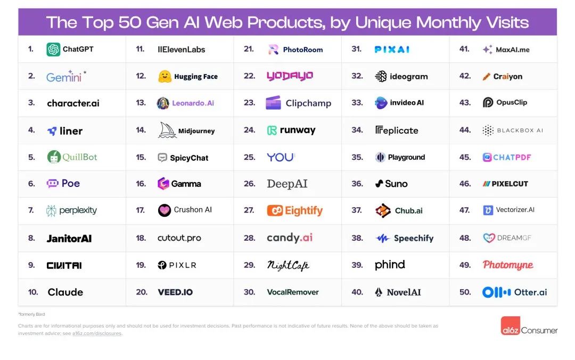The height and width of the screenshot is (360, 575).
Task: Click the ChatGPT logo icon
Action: pyautogui.click(x=53, y=50)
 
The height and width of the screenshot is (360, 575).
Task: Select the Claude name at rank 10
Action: pyautogui.click(x=65, y=292)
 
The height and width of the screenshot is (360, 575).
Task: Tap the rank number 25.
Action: pyautogui.click(x=250, y=157)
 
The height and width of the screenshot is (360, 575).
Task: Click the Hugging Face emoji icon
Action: pyautogui.click(x=165, y=76)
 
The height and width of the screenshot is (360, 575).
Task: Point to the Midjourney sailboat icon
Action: pyautogui.click(x=167, y=130)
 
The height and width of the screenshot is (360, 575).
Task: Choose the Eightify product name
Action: pyautogui.click(x=303, y=210)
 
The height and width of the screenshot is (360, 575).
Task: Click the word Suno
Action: pyautogui.click(x=396, y=184)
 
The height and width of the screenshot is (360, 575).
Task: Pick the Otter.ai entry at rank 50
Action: pyautogui.click(x=515, y=292)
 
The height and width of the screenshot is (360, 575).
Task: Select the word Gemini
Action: pyautogui.click(x=63, y=77)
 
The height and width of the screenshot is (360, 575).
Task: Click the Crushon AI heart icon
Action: pyautogui.click(x=165, y=210)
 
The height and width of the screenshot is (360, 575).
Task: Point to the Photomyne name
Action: pyautogui.click(x=508, y=265)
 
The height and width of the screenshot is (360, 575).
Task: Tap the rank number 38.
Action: pyautogui.click(x=357, y=238)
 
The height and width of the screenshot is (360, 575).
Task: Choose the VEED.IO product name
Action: pyautogui.click(x=175, y=292)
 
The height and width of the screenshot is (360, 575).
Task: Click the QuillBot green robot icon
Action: pyautogui.click(x=53, y=157)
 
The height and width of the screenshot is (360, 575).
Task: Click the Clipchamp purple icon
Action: pyautogui.click(x=273, y=103)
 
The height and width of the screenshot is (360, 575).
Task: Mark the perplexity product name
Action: pyautogui.click(x=78, y=210)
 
